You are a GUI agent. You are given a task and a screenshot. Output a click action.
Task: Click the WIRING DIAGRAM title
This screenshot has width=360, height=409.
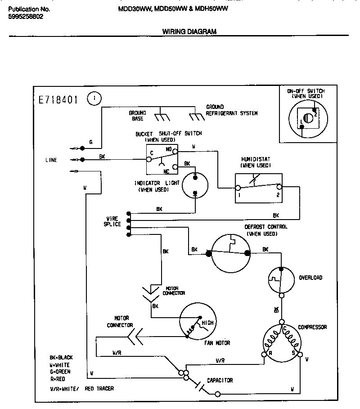(x=189, y=31)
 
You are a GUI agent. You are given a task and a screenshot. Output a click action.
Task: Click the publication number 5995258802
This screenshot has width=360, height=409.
(x=27, y=16)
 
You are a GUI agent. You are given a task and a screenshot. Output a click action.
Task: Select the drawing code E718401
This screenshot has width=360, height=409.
(x=56, y=99)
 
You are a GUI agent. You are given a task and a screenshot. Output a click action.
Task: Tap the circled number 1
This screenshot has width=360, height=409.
(x=94, y=98)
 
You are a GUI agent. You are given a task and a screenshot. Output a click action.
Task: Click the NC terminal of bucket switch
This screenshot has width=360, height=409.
(x=176, y=167)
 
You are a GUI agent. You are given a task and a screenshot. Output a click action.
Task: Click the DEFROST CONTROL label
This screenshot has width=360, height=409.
(x=265, y=227)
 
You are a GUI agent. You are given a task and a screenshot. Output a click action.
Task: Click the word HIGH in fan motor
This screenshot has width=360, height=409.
(x=207, y=323)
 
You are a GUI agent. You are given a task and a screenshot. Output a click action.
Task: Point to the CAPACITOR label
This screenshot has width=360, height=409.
(x=220, y=380)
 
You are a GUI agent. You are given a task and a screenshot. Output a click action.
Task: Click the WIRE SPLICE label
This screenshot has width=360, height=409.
(x=112, y=221)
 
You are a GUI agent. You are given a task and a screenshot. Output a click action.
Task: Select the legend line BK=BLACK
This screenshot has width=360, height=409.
(x=61, y=358)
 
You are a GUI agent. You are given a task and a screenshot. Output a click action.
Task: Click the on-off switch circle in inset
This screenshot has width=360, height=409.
(x=306, y=118)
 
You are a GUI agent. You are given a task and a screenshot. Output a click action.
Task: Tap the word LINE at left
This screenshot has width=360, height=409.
(x=51, y=160)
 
